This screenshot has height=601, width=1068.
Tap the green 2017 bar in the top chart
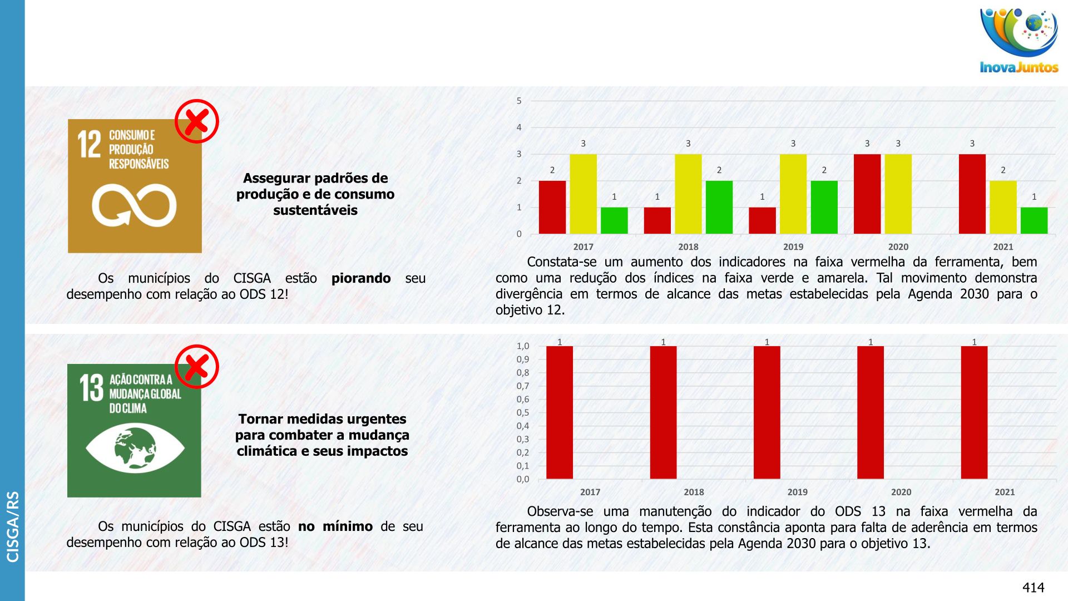pyautogui.click(x=614, y=220)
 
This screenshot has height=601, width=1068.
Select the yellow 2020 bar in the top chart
pyautogui.click(x=898, y=194)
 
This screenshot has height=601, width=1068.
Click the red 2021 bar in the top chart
pyautogui.click(x=972, y=194)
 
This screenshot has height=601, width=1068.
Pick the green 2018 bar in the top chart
pyautogui.click(x=719, y=207)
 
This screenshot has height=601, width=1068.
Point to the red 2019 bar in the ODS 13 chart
pyautogui.click(x=767, y=412)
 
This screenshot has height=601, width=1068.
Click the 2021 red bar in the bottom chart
pyautogui.click(x=974, y=412)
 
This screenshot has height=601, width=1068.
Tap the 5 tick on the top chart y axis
pyautogui.click(x=519, y=101)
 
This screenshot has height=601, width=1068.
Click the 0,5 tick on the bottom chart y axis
pyautogui.click(x=522, y=412)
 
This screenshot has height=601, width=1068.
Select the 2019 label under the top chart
pyautogui.click(x=793, y=247)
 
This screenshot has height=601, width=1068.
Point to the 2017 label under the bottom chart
pyautogui.click(x=590, y=492)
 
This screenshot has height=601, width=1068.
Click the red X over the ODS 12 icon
pyautogui.click(x=196, y=121)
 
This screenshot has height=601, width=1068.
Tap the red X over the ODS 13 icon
pyautogui.click(x=196, y=367)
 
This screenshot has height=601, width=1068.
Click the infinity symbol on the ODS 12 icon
pyautogui.click(x=134, y=205)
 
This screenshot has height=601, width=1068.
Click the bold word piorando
pyautogui.click(x=360, y=278)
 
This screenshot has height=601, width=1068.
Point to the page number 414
pyautogui.click(x=1033, y=588)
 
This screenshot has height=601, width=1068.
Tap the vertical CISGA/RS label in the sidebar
pyautogui.click(x=12, y=526)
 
